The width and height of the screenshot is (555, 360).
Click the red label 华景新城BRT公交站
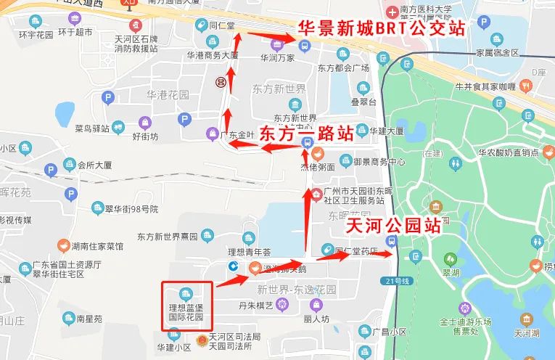coord(382,30)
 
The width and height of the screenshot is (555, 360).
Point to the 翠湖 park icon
coord(451,259)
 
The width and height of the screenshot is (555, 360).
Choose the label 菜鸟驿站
coord(92,128)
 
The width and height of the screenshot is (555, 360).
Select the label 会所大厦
coord(95,164)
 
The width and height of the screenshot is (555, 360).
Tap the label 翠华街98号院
coord(131,209)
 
